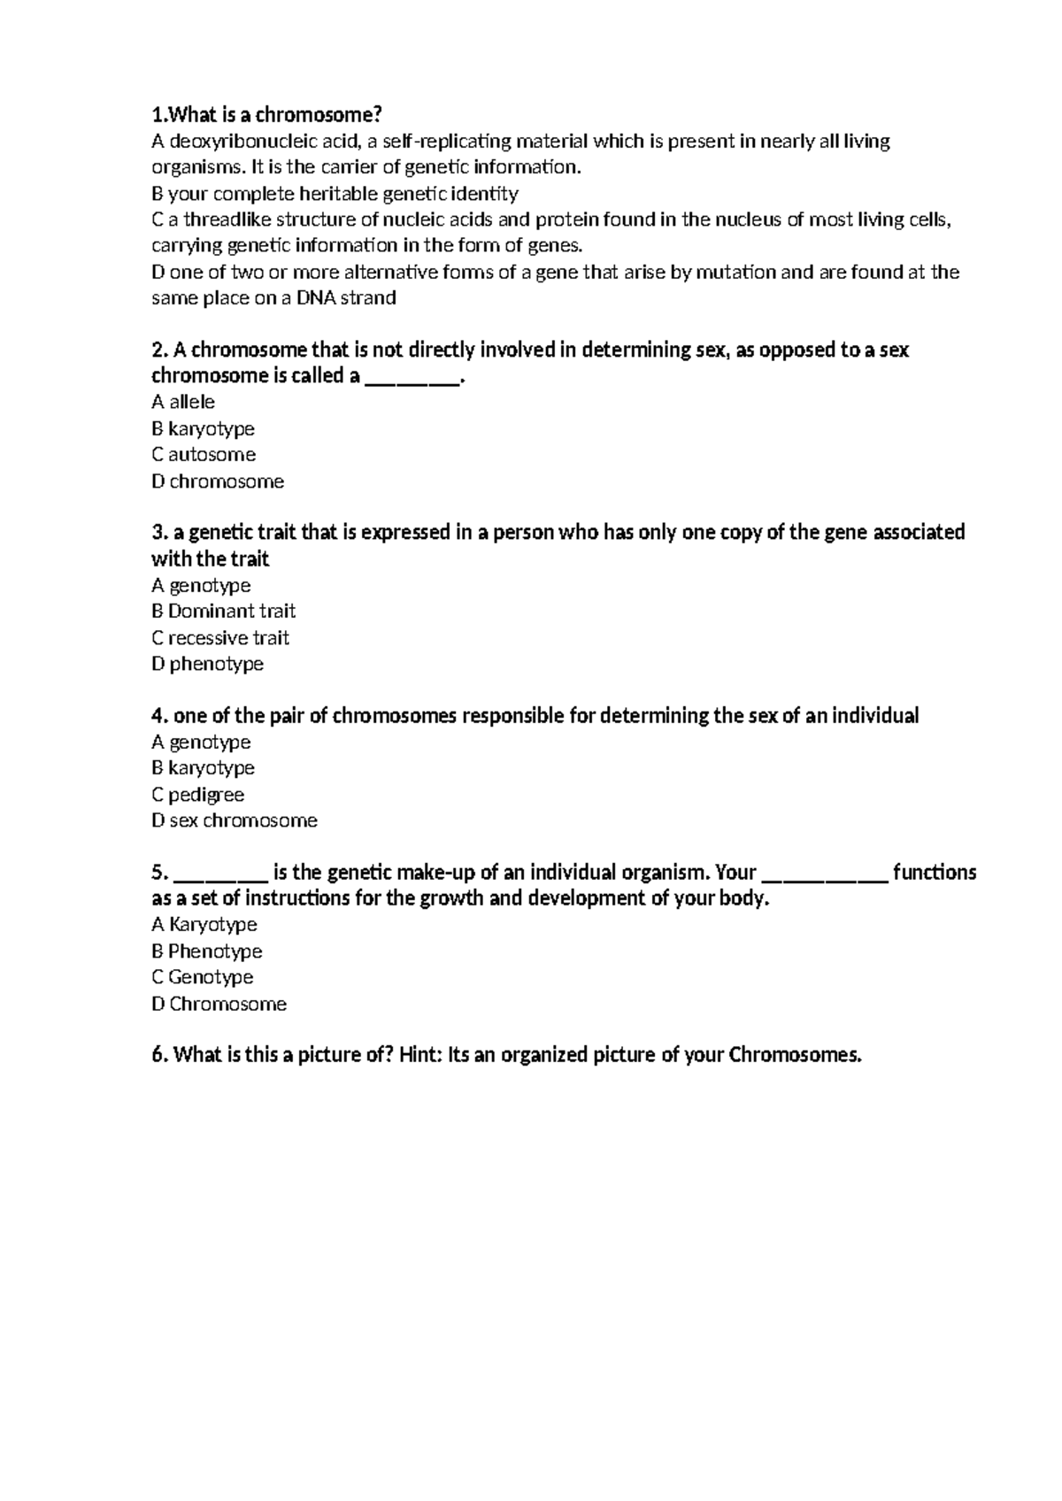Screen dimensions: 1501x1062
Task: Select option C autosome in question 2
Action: [x=204, y=455]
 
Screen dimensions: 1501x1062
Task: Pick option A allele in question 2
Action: [x=183, y=403]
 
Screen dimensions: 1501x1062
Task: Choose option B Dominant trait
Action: [x=223, y=612]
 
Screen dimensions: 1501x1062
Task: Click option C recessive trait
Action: [x=220, y=638]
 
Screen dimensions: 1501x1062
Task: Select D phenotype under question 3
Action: [x=207, y=664]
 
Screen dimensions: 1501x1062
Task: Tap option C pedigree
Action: [x=197, y=795]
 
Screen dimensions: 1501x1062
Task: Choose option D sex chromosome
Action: [x=234, y=820]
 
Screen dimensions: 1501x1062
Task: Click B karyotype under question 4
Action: [x=203, y=768]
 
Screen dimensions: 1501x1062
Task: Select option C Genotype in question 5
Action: [x=202, y=977]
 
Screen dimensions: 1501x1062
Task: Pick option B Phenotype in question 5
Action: [x=206, y=951]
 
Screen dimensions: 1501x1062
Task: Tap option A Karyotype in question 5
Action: [x=204, y=925]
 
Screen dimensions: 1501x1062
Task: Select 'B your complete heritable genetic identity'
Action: [x=335, y=194]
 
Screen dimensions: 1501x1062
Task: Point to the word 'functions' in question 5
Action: [x=935, y=873]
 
